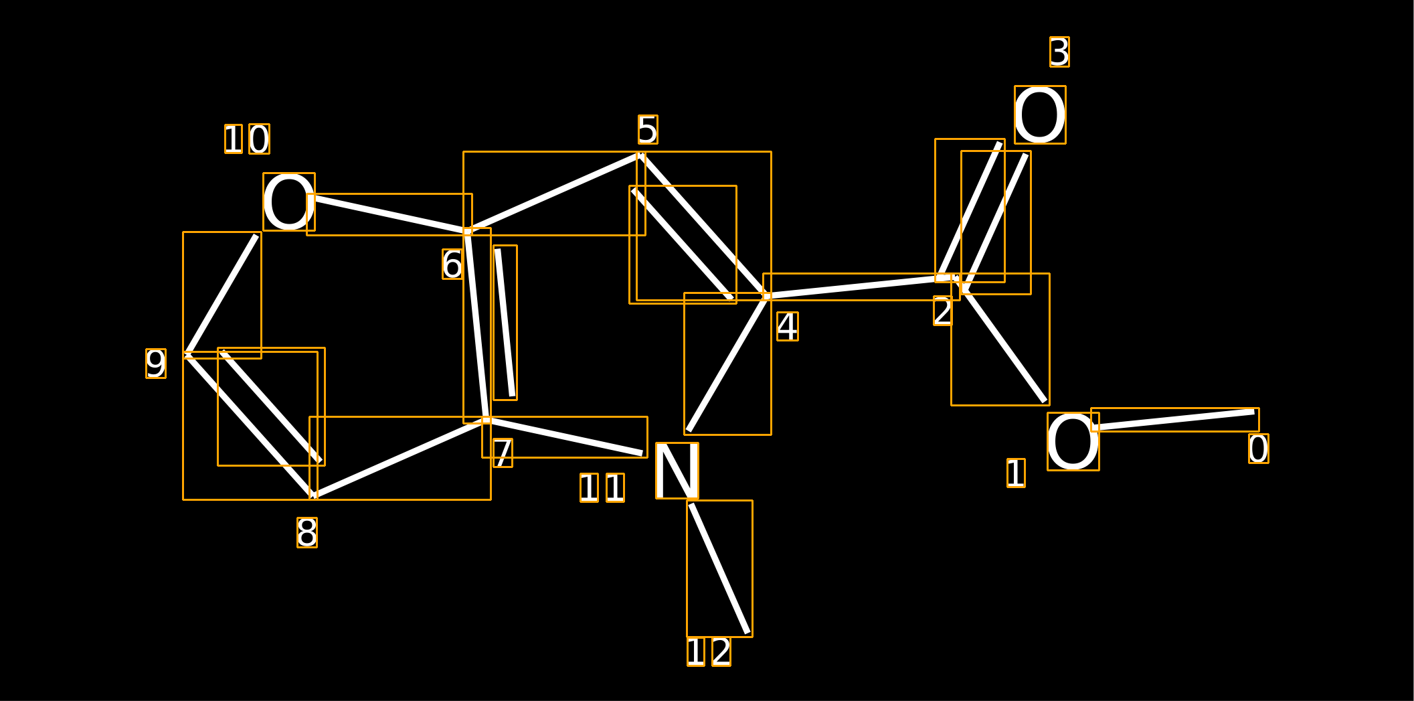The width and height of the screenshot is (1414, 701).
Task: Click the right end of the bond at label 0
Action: [x=1255, y=412]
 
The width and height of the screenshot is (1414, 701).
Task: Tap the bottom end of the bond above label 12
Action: [x=747, y=633]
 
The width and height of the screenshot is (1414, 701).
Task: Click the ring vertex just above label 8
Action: [x=313, y=496]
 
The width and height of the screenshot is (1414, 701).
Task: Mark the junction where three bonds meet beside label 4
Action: [x=767, y=296]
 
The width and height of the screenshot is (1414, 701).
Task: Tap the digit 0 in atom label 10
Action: [x=259, y=139]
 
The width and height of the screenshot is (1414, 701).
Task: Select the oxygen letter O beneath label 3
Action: [x=1040, y=115]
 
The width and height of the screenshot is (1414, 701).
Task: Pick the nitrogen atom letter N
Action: [x=677, y=471]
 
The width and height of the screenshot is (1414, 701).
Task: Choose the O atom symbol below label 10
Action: [x=289, y=202]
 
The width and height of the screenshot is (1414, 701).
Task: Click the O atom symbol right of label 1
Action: [x=1073, y=442]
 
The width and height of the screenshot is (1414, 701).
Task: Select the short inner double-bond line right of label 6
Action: [x=505, y=323]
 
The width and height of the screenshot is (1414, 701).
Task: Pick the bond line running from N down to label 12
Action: [x=719, y=568]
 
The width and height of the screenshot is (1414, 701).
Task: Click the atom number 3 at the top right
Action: [x=1059, y=52]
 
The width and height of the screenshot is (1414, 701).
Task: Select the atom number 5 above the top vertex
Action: [x=648, y=130]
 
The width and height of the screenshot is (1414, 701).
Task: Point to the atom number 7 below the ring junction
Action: [x=503, y=453]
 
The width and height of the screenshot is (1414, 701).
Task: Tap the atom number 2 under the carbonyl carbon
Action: [x=943, y=311]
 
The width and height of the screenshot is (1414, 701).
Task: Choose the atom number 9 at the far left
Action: [x=156, y=364]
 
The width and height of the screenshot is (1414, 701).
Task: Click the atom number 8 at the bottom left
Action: [x=307, y=533]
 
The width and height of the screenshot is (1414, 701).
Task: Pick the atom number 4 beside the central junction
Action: [x=788, y=327]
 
